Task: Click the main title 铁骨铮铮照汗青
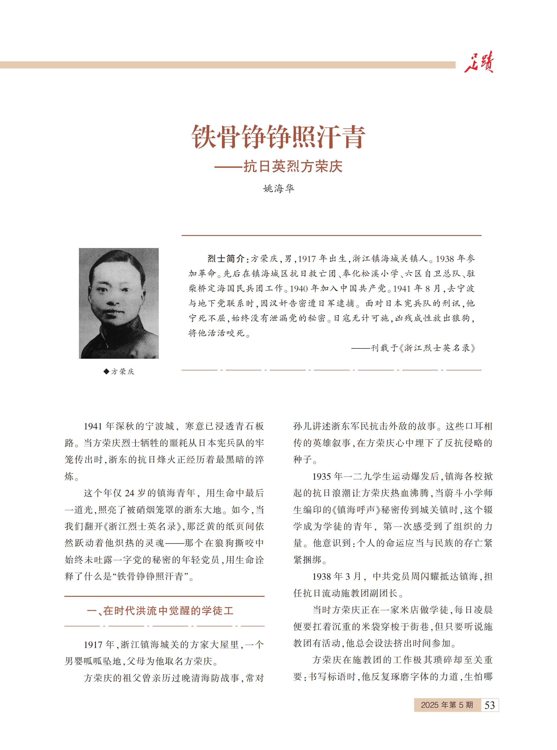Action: (278, 136)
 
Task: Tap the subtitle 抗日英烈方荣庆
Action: (293, 166)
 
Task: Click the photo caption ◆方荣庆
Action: (119, 371)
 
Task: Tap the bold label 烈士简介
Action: (226, 258)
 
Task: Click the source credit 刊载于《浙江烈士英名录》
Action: (423, 348)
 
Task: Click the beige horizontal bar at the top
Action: (228, 65)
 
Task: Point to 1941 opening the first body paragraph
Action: (93, 426)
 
